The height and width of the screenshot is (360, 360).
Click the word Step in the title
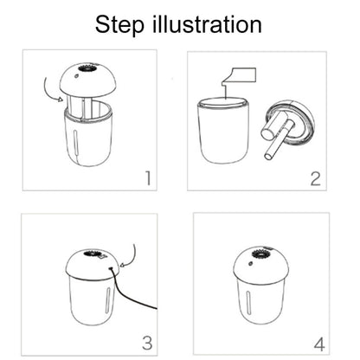point(119,26)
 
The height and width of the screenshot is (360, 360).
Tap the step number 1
point(148,178)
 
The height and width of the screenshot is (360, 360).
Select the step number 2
point(315,178)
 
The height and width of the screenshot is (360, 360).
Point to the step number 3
point(147,343)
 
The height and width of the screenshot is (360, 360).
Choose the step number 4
point(319,344)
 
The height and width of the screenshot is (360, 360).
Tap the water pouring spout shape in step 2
point(239,77)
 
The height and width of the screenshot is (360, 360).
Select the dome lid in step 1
point(87,80)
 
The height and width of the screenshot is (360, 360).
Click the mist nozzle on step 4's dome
point(262,254)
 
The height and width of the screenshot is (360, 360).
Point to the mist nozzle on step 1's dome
point(88,68)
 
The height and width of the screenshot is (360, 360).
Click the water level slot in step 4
point(248,302)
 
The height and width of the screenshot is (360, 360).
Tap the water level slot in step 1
point(75,141)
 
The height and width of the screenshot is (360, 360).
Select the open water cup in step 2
point(222,130)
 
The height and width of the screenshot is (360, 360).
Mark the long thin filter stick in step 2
point(278,141)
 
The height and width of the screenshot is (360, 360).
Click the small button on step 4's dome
point(250,264)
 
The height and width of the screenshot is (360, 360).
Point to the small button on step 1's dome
point(77,76)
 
